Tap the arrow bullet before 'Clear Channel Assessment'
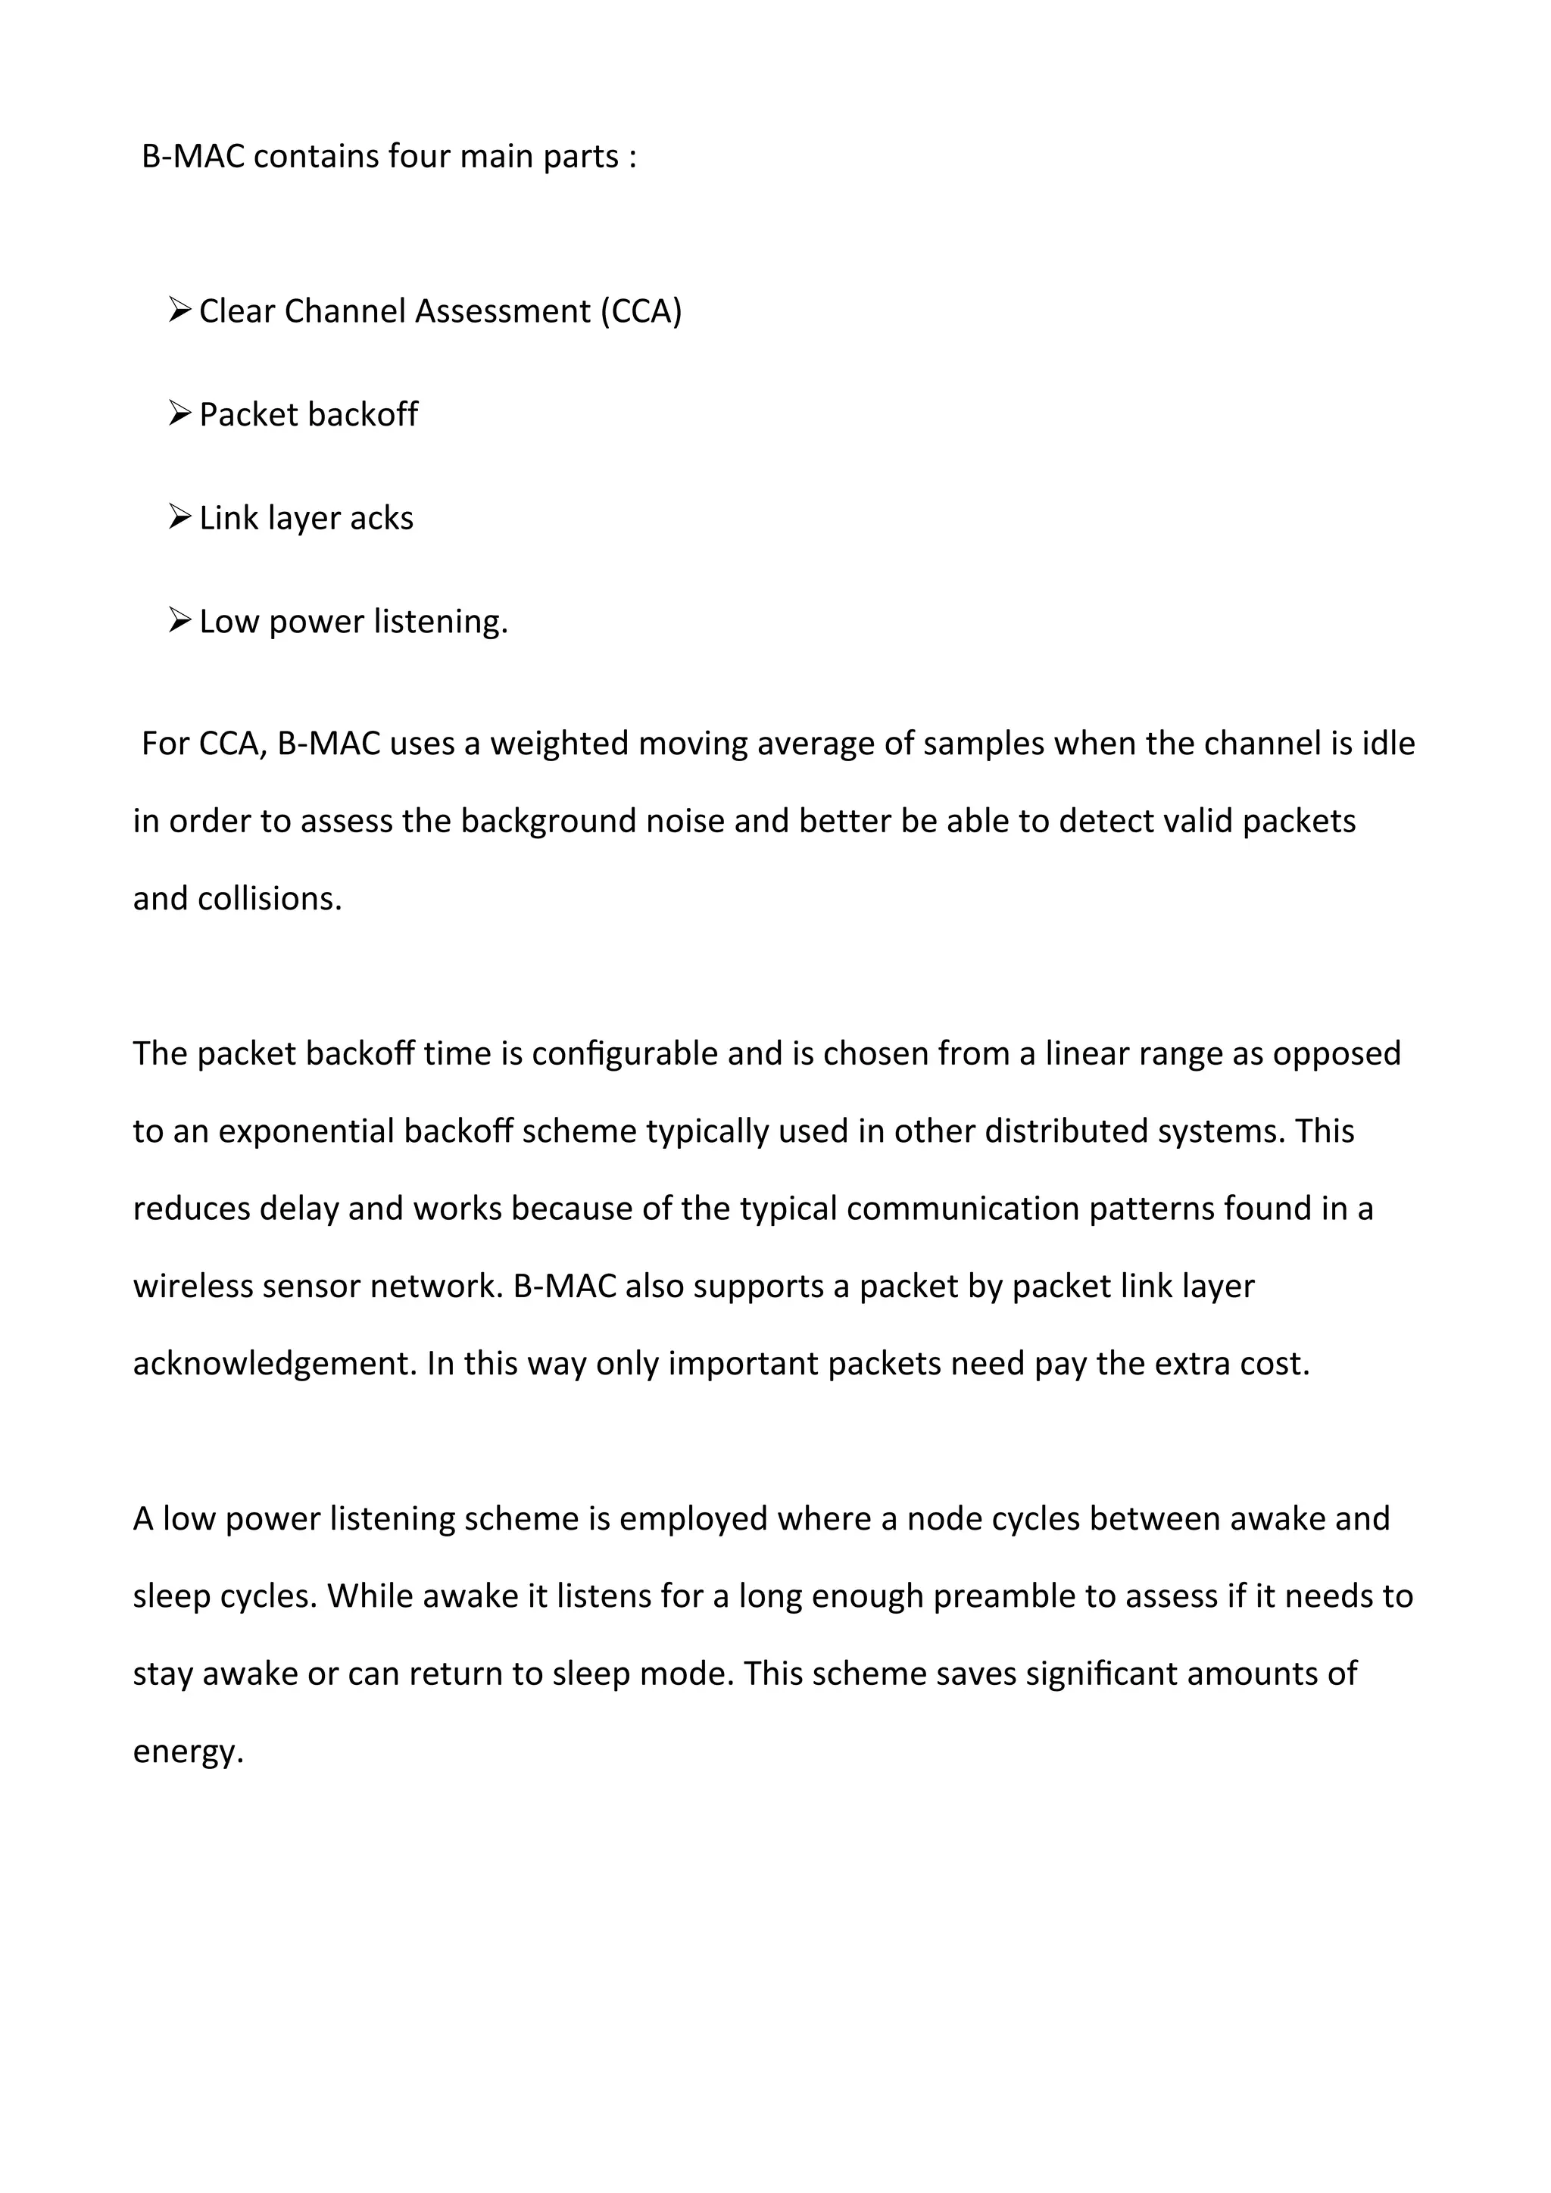(x=179, y=310)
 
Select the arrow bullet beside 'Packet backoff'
(x=179, y=413)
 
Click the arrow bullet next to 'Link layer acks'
(x=179, y=516)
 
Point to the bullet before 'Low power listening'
(x=179, y=620)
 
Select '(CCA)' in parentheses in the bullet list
(x=641, y=311)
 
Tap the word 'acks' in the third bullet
(x=382, y=518)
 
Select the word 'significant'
(x=1101, y=1674)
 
